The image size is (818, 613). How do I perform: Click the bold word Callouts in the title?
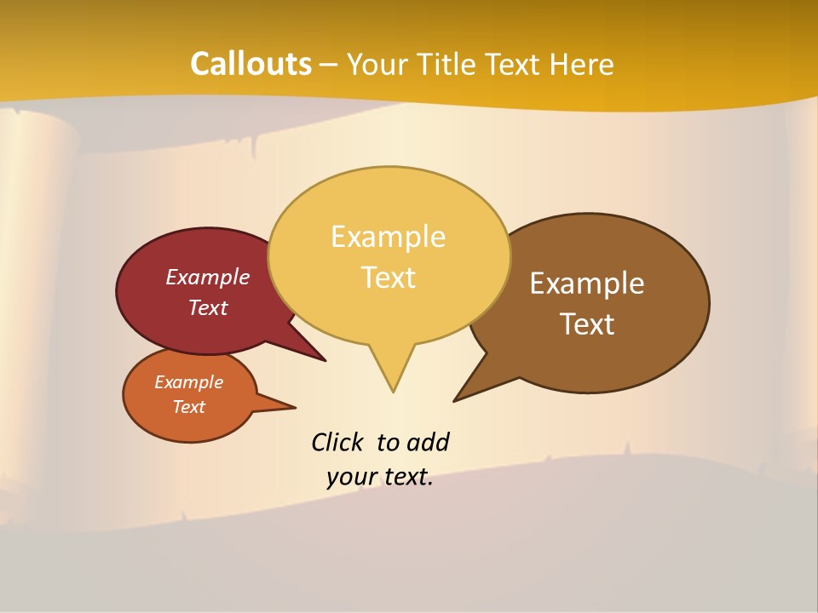tap(251, 64)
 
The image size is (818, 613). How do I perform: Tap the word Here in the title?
tap(582, 64)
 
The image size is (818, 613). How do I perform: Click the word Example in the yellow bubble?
tap(388, 236)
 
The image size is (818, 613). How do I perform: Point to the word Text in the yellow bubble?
tap(389, 277)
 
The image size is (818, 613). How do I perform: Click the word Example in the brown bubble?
tap(587, 283)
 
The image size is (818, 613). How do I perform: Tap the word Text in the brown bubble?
tap(588, 324)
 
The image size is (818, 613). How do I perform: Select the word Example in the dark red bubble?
tap(208, 277)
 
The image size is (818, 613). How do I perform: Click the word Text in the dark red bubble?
tap(208, 307)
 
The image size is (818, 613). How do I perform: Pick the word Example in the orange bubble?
tap(188, 382)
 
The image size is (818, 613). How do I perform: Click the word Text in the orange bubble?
tap(188, 407)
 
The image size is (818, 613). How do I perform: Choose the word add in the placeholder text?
tap(427, 442)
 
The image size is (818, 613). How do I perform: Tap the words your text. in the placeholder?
tap(380, 477)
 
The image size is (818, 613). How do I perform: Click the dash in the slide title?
tap(330, 64)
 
